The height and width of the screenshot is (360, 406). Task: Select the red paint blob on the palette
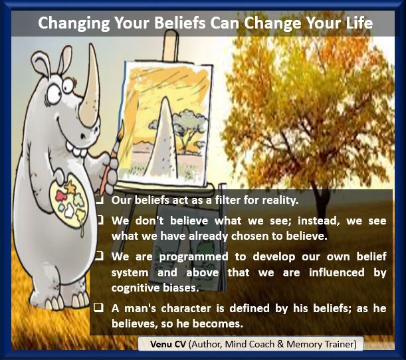(x=61, y=196)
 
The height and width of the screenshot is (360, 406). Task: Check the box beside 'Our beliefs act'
(x=100, y=199)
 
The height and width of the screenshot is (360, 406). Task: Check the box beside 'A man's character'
(x=98, y=308)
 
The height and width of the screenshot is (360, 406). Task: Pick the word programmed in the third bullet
(x=193, y=258)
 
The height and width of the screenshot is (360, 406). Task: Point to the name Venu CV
(x=168, y=344)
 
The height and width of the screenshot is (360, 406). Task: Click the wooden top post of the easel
(x=170, y=45)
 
